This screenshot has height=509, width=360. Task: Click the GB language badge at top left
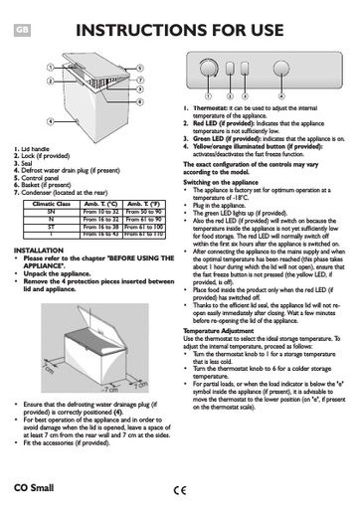coord(22,30)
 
